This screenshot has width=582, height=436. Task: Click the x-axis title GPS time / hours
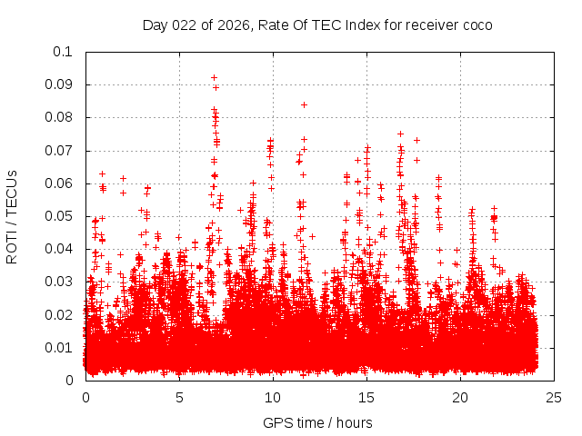point(317,422)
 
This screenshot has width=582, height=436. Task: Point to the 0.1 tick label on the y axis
point(63,52)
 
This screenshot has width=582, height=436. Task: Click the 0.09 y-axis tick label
point(59,84)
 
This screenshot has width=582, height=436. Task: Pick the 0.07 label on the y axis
point(59,151)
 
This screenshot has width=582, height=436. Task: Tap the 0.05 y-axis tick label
point(59,216)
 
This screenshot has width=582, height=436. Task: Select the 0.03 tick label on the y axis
point(59,282)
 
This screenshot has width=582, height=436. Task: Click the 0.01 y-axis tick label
point(59,348)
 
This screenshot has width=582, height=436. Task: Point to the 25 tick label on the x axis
point(554,398)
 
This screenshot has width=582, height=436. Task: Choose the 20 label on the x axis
point(460,398)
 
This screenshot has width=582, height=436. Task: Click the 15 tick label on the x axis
point(366,398)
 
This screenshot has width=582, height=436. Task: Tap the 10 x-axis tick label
point(273,398)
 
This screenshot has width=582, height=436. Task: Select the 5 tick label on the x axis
point(179,398)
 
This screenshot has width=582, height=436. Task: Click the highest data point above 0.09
point(214,77)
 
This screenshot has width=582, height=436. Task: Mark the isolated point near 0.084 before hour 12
point(304,104)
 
